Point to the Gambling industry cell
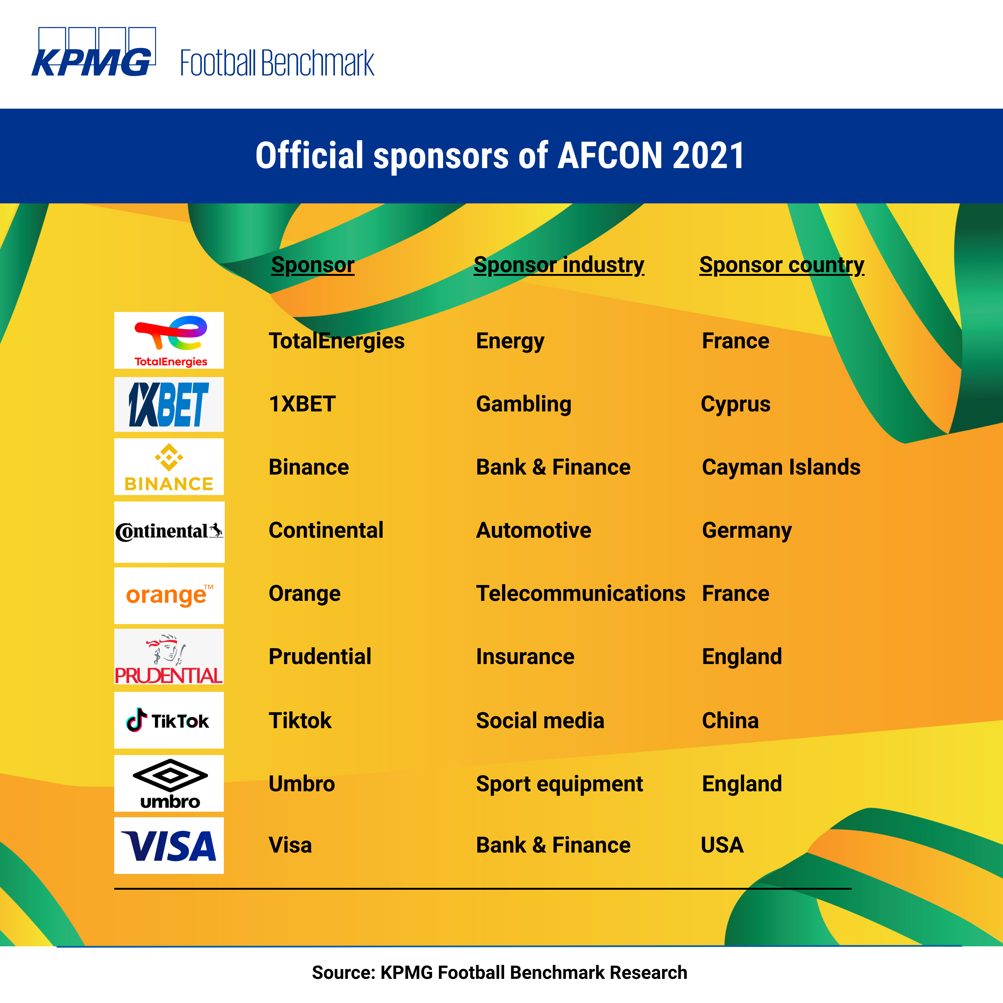point(524,404)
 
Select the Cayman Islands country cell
point(781,467)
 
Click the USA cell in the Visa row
point(722,845)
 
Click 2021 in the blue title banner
point(709,156)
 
